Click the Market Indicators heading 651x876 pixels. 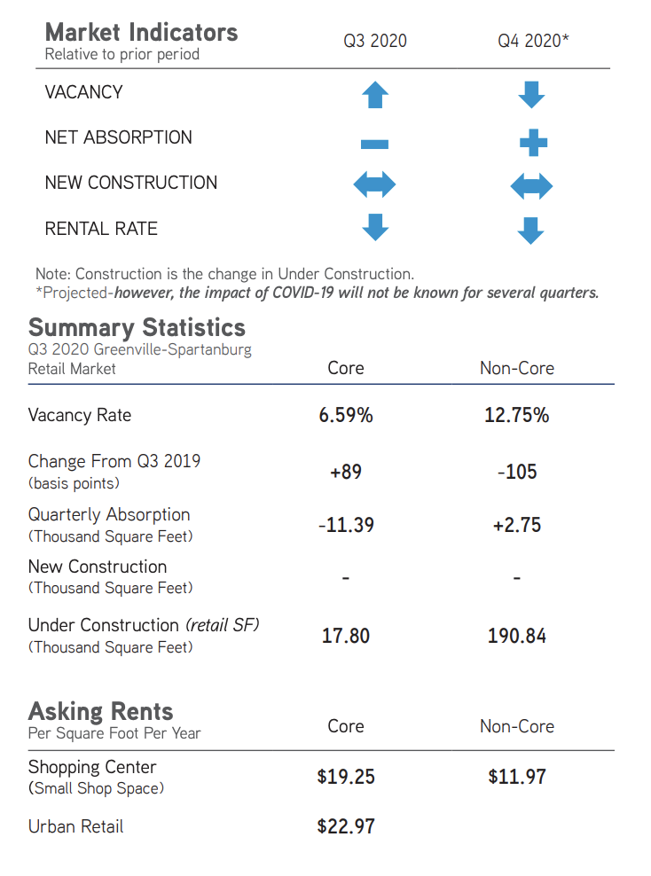(x=141, y=33)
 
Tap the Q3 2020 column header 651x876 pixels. (x=375, y=41)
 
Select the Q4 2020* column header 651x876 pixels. (x=533, y=41)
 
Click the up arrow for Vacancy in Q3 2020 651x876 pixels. (x=375, y=94)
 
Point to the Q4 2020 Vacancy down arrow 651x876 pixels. (x=531, y=94)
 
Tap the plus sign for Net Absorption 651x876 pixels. (x=532, y=142)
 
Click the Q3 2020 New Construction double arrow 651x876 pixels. (x=374, y=185)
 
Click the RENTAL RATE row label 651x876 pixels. (x=101, y=229)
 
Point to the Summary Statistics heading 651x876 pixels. (x=137, y=327)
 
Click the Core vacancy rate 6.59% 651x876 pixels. (x=346, y=415)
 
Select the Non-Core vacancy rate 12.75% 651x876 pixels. (x=516, y=415)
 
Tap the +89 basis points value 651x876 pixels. (x=346, y=472)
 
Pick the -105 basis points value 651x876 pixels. (x=517, y=472)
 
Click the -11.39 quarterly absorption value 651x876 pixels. (x=346, y=525)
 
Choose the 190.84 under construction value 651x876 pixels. (x=516, y=636)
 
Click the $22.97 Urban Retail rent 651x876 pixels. (x=346, y=826)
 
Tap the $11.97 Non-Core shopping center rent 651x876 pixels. (x=516, y=777)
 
